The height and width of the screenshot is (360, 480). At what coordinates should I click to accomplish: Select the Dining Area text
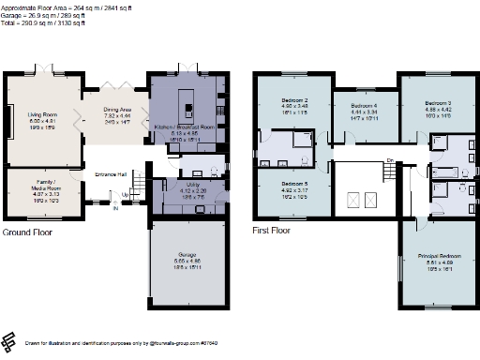click(117, 109)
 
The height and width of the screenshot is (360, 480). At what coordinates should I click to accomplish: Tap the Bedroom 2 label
click(295, 99)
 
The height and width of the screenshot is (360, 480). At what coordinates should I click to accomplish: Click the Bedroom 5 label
click(295, 185)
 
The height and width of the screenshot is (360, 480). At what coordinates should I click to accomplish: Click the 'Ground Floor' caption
click(28, 231)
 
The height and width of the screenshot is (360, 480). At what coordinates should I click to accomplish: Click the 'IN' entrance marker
click(116, 209)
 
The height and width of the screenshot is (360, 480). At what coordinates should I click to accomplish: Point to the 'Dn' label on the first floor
click(389, 161)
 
